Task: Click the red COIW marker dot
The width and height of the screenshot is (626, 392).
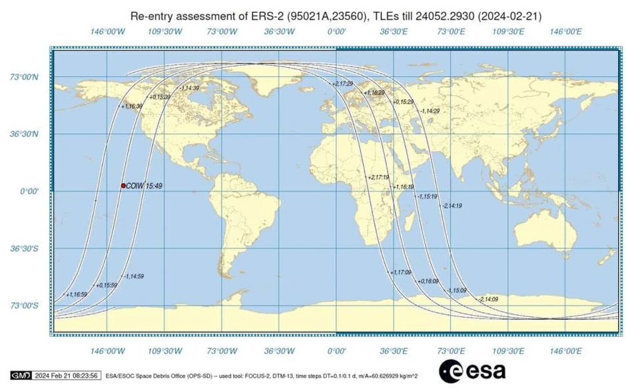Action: point(123,186)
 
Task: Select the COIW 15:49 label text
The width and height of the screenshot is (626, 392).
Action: point(145,186)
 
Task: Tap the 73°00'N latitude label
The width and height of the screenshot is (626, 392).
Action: point(27,77)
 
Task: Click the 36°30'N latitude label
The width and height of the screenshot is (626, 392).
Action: point(27,134)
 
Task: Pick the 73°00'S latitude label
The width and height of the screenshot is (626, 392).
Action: point(27,305)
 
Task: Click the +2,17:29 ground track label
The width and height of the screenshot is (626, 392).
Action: point(342,83)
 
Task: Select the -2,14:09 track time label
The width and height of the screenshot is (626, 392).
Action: point(488,299)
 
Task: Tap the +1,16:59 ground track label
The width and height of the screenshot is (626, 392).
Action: point(77,294)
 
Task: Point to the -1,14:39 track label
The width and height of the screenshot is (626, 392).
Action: point(189,88)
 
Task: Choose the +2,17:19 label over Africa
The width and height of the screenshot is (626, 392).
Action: point(378,178)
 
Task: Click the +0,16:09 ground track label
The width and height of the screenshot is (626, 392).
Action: point(429,282)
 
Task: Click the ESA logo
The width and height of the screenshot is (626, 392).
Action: point(471,371)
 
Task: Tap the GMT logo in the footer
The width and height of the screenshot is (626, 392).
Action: point(21,375)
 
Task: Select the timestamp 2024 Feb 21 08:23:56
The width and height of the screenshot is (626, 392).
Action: point(67,375)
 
